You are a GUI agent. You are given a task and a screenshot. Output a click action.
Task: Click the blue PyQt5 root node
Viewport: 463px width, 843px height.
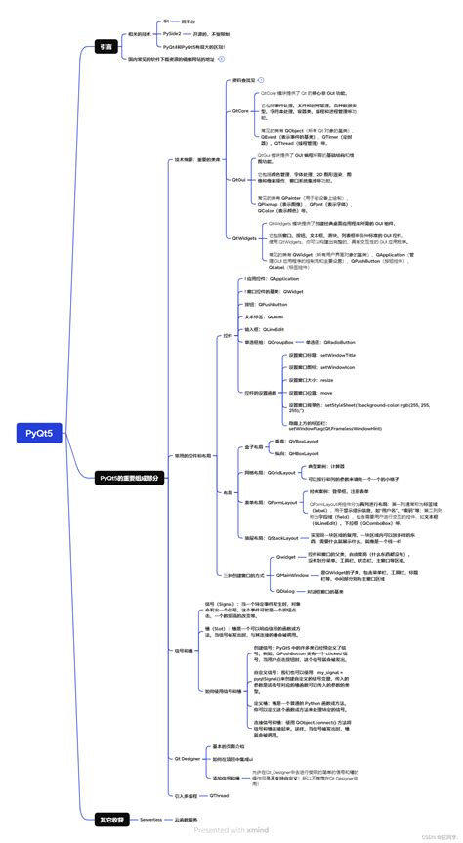coord(39,434)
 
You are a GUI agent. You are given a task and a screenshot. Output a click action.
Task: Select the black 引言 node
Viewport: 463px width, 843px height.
coord(106,46)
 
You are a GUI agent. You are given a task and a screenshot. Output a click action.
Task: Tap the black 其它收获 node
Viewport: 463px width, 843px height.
coord(112,819)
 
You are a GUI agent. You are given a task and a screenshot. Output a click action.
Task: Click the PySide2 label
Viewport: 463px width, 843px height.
coord(173,33)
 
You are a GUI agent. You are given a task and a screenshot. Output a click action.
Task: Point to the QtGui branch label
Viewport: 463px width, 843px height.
coord(238,180)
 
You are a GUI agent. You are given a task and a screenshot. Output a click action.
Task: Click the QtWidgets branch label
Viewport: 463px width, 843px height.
coord(243,237)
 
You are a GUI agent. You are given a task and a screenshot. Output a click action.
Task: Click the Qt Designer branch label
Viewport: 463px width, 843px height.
coord(188,758)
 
